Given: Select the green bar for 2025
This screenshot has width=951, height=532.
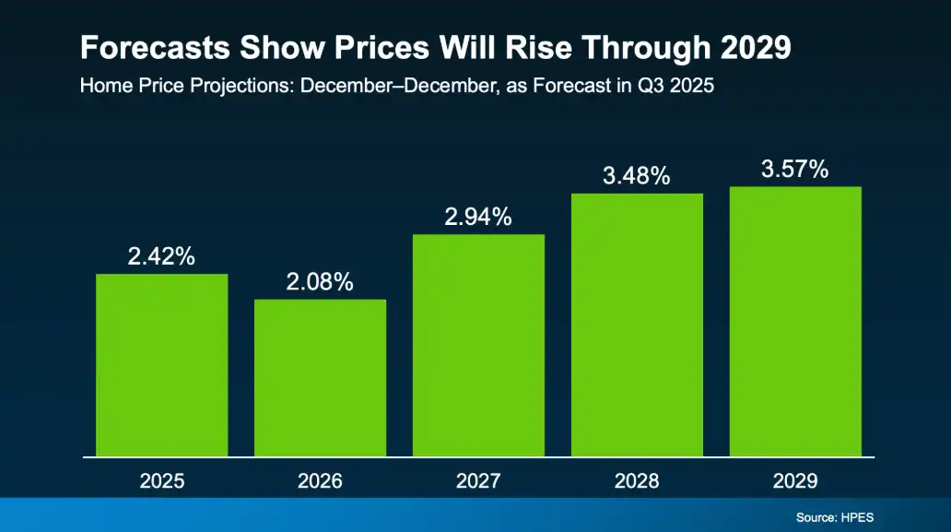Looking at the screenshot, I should point(162,365).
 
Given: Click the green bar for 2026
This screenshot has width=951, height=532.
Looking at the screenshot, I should point(320,378).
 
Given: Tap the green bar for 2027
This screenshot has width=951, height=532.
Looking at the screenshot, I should point(478,346).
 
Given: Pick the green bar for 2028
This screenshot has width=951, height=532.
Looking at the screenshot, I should point(637,325).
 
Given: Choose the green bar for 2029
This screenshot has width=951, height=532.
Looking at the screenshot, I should point(795,322).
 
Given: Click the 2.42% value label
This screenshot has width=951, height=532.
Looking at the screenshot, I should point(161,257).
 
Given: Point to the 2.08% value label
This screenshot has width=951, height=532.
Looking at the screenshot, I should point(320,283).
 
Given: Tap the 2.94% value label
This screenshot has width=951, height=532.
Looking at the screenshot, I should point(478,218).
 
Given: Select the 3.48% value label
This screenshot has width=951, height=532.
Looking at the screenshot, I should point(637,176).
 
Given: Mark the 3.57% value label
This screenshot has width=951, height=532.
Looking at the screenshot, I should point(795,170).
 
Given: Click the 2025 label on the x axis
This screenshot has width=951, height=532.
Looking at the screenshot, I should point(162,481).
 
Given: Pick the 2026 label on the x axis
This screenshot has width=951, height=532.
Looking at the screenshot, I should point(320,481).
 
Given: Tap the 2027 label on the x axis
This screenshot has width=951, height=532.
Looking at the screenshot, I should point(478,481).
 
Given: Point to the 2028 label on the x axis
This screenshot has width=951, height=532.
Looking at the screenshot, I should point(637,481).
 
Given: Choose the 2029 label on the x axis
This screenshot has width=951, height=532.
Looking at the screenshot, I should point(795,481).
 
